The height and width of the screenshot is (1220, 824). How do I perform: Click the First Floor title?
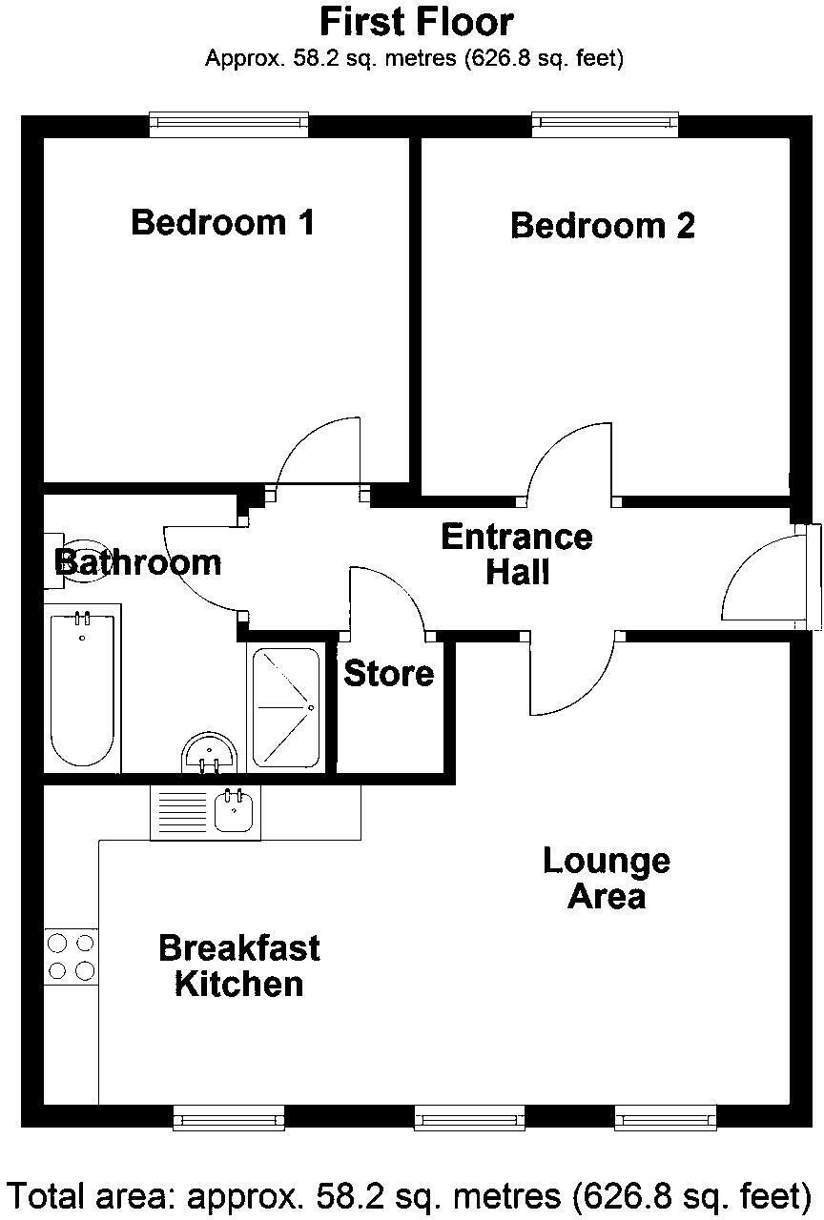417,21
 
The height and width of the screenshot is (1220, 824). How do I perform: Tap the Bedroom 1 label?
222,222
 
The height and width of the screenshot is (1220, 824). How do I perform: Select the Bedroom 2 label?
603,226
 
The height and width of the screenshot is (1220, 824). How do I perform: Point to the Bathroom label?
139,562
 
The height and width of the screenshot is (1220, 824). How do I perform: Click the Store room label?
388,674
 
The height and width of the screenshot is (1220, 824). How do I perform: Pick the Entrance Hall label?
516,554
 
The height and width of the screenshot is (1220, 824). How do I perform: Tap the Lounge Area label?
607,878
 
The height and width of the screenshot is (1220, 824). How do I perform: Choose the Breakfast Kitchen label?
238,966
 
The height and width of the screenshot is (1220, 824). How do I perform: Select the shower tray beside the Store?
286,708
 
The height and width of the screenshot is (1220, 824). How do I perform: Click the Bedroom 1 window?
229,122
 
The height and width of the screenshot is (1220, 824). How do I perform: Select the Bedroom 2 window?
605,122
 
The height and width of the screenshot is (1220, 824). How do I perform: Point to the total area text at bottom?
411,1193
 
